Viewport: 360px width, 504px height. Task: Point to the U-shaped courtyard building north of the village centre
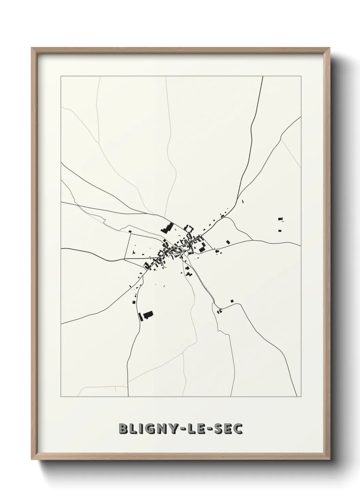click(x=189, y=228)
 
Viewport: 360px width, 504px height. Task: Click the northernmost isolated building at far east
click(x=280, y=219)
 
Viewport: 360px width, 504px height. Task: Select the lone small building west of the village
click(x=130, y=232)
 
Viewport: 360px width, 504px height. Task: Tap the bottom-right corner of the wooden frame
click(x=329, y=457)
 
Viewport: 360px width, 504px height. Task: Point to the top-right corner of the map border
click(x=301, y=76)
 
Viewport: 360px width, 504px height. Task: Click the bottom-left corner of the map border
click(x=61, y=397)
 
